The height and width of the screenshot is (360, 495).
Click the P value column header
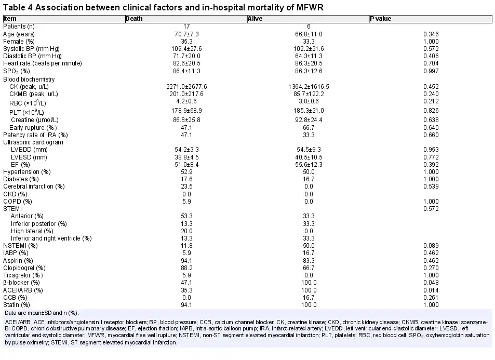point(381,19)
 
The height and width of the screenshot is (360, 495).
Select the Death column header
point(134,19)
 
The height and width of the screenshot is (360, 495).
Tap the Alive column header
point(255,19)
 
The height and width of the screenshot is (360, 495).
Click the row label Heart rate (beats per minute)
point(42,63)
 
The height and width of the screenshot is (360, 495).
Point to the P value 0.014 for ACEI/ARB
point(431,290)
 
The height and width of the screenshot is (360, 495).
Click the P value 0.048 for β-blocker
point(431,283)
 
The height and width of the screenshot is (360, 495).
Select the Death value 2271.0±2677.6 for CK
point(186,87)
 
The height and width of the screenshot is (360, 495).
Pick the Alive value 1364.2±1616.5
point(309,87)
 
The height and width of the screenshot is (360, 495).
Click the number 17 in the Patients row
point(186,27)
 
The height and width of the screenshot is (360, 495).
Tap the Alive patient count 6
point(309,27)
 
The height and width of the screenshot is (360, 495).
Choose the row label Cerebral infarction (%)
point(34,186)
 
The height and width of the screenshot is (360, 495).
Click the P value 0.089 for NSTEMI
point(431,246)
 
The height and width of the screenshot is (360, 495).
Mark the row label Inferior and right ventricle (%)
point(51,238)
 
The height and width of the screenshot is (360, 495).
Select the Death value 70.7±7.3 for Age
point(186,34)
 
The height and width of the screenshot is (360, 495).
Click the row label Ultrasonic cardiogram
point(33,142)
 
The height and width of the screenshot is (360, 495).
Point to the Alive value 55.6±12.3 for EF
point(309,165)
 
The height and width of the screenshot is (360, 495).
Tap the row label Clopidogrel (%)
point(24,268)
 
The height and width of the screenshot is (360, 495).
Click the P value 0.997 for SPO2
point(431,71)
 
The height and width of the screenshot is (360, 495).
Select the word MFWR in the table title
point(310,7)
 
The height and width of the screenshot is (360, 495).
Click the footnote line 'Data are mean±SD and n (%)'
point(42,313)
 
